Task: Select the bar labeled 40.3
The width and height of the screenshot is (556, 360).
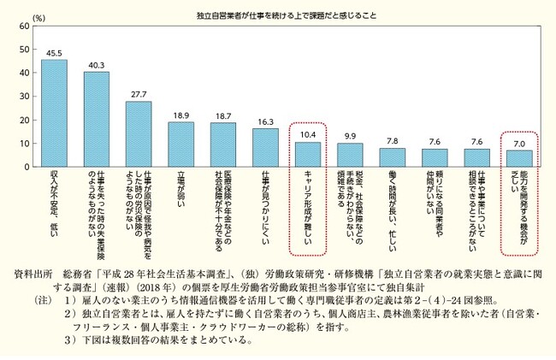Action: click(97, 119)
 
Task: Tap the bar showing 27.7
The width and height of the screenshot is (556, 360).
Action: click(139, 133)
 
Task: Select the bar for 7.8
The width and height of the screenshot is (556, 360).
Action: click(392, 156)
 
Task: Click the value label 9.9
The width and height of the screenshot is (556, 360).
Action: click(350, 137)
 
